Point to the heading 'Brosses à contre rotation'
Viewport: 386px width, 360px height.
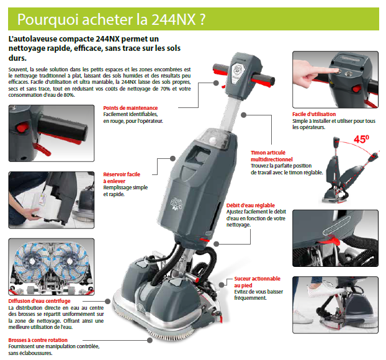point(39,340)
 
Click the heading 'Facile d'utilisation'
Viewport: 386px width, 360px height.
point(314,114)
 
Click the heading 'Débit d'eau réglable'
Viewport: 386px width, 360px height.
point(252,205)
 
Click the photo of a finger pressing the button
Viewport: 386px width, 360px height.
point(334,79)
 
